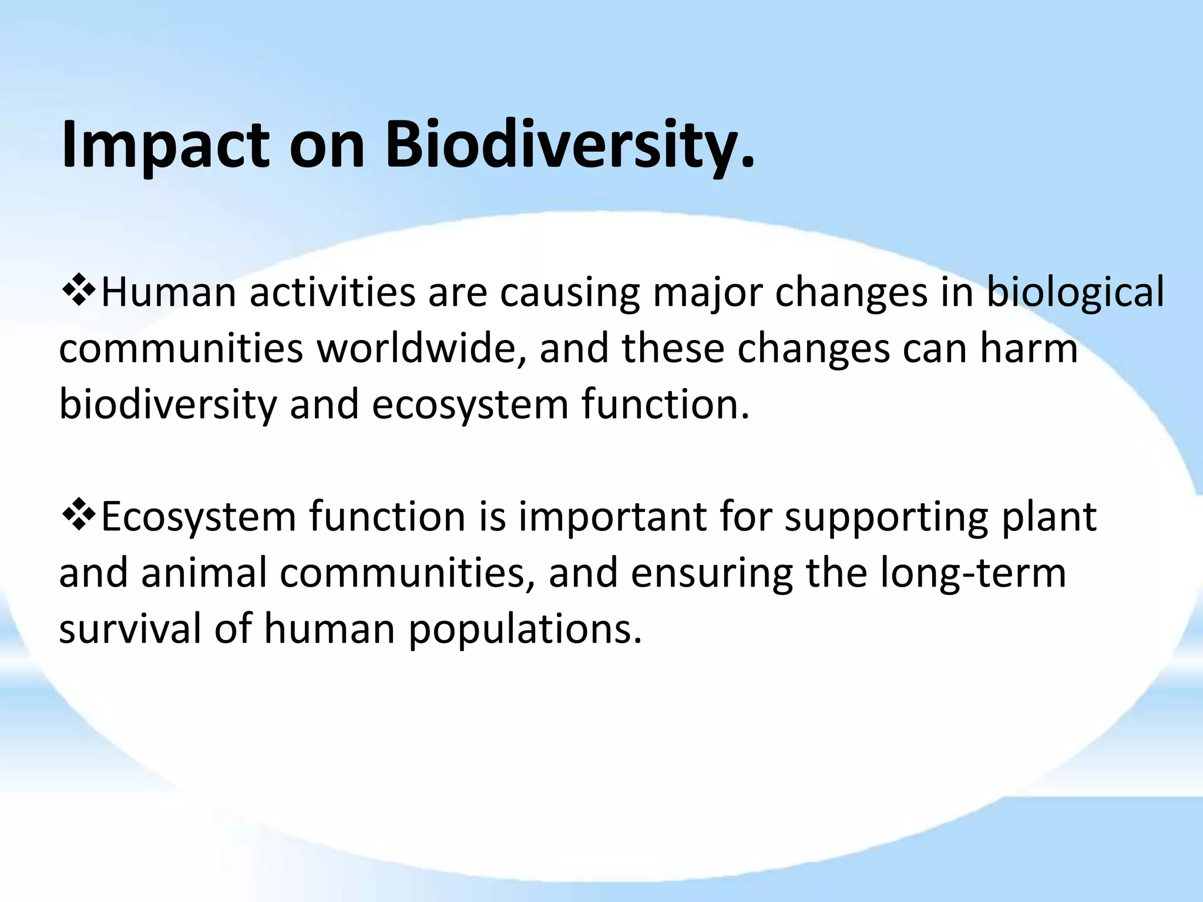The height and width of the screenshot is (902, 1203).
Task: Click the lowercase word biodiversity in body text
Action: click(167, 405)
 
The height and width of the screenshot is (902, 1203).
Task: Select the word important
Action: click(611, 517)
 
